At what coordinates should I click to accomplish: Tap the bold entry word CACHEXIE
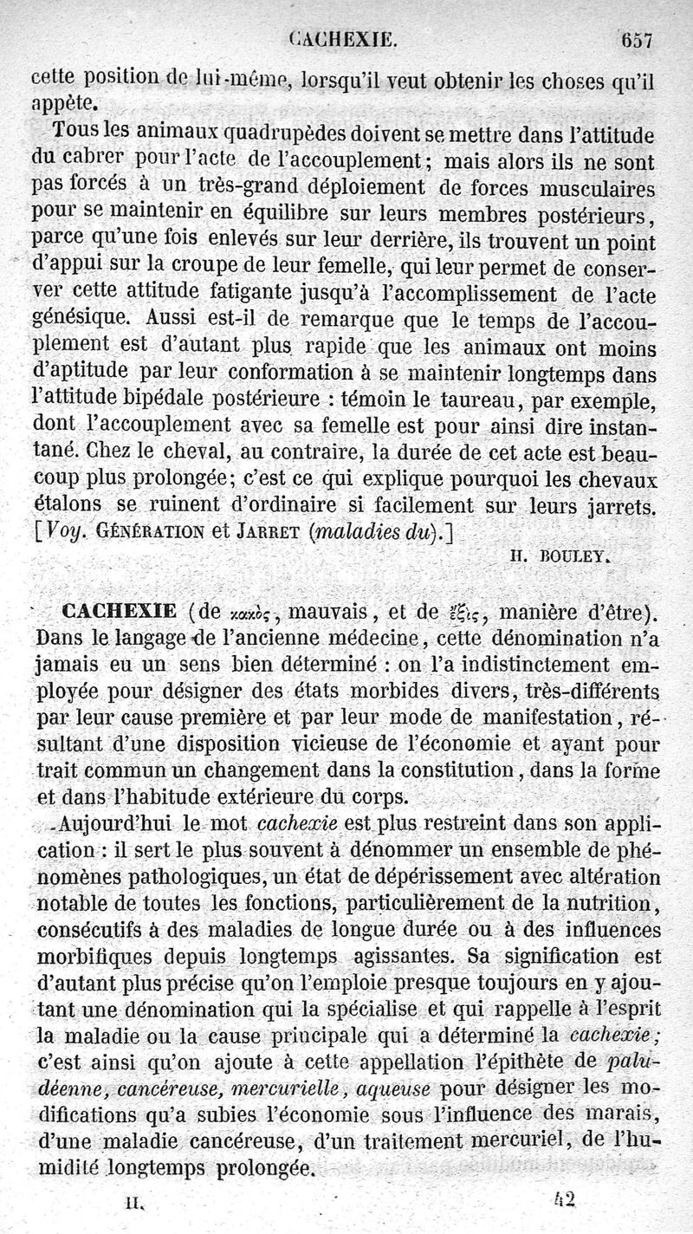coord(120,612)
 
